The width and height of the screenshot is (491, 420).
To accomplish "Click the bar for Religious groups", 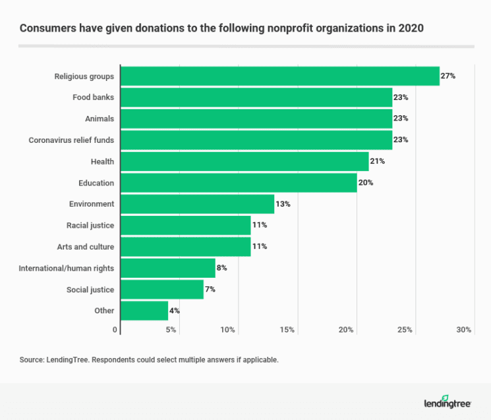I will pos(279,76).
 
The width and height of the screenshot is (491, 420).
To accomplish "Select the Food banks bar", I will pos(256,97).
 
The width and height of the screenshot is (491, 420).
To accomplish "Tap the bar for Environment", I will pos(197,204).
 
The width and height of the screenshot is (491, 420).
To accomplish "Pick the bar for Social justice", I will pos(161,290).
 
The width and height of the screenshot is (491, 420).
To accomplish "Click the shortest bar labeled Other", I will pos(144,311).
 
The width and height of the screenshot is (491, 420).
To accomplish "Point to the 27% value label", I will pos(448,76).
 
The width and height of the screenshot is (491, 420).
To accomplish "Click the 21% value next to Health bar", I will pos(377,161).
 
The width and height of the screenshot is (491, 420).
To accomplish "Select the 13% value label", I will pos(282,204).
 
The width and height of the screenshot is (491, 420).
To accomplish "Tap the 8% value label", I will pos(222,268).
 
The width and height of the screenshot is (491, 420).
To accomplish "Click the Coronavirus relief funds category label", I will pos(71,140).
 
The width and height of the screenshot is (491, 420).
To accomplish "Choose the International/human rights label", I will pos(67,268).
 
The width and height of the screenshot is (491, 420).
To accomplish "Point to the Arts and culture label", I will pos(86,247).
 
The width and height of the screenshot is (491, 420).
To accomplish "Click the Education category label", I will pos(96,183).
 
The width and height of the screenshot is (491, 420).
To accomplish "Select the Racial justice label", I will pos(90,226).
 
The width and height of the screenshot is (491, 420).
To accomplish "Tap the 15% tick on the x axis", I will pos(287,330).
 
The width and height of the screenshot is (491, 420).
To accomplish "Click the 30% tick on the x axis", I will pos(464,330).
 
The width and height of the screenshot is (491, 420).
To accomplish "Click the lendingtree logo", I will pos(448,402).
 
